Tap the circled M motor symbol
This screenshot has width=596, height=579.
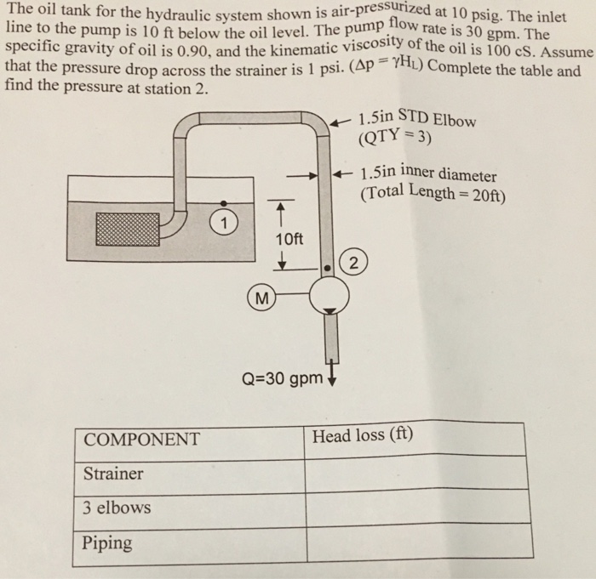pos(262,297)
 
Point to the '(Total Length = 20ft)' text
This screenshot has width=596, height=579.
pos(433,193)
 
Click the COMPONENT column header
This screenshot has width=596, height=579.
pos(141,440)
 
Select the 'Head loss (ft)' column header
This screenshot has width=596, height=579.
pos(362,436)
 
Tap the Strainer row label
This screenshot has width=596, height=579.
pos(113,474)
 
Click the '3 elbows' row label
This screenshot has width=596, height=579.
pos(117,508)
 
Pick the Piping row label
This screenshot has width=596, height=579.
pos(108,542)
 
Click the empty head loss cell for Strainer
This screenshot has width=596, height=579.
pos(414,474)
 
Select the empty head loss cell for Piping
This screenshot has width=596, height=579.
pos(414,544)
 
